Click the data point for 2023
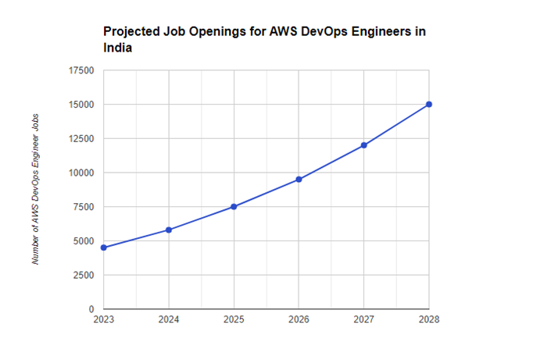pyautogui.click(x=104, y=248)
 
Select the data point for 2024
pyautogui.click(x=169, y=230)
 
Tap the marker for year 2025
pyautogui.click(x=234, y=206)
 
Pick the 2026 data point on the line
pyautogui.click(x=299, y=179)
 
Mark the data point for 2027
pyautogui.click(x=364, y=145)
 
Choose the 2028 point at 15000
pyautogui.click(x=429, y=104)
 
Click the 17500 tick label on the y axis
pyautogui.click(x=81, y=70)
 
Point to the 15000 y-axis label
pyautogui.click(x=81, y=105)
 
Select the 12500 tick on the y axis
pyautogui.click(x=81, y=139)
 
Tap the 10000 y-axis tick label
pyautogui.click(x=81, y=173)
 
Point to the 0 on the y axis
pyautogui.click(x=91, y=309)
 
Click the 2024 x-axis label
pyautogui.click(x=169, y=319)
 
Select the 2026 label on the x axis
pyautogui.click(x=299, y=319)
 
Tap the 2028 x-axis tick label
pyautogui.click(x=429, y=319)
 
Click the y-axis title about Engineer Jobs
pyautogui.click(x=36, y=188)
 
